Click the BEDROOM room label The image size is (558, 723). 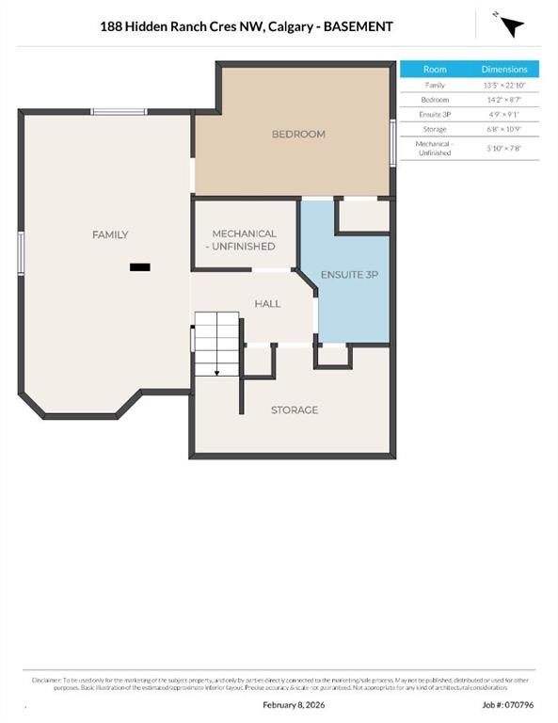(x=298, y=135)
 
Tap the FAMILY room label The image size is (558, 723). (x=110, y=234)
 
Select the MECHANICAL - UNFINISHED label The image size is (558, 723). (x=244, y=240)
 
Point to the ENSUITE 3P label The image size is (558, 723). (x=349, y=275)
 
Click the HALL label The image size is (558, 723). (x=268, y=304)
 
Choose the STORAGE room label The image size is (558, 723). (x=295, y=410)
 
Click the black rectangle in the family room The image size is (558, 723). (x=140, y=267)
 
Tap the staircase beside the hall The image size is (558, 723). (x=217, y=344)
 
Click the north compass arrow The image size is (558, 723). (x=511, y=25)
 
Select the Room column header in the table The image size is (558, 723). (x=435, y=70)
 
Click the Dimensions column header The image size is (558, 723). (x=505, y=70)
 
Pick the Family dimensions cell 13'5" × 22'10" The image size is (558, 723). (x=505, y=85)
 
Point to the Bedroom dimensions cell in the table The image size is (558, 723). (x=505, y=100)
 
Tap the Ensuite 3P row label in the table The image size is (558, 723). (x=435, y=115)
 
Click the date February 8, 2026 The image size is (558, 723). (x=293, y=704)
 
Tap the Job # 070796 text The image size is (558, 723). (x=508, y=704)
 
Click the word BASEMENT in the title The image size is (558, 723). (x=359, y=26)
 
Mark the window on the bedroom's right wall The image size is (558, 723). (x=392, y=143)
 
